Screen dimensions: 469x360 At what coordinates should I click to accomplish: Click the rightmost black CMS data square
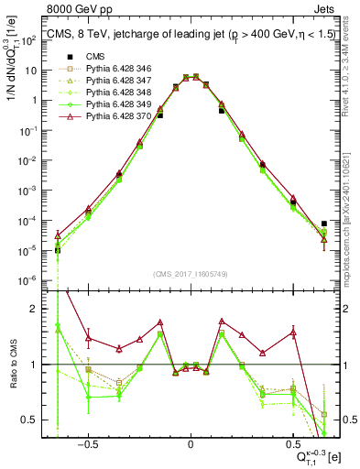point(324,223)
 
